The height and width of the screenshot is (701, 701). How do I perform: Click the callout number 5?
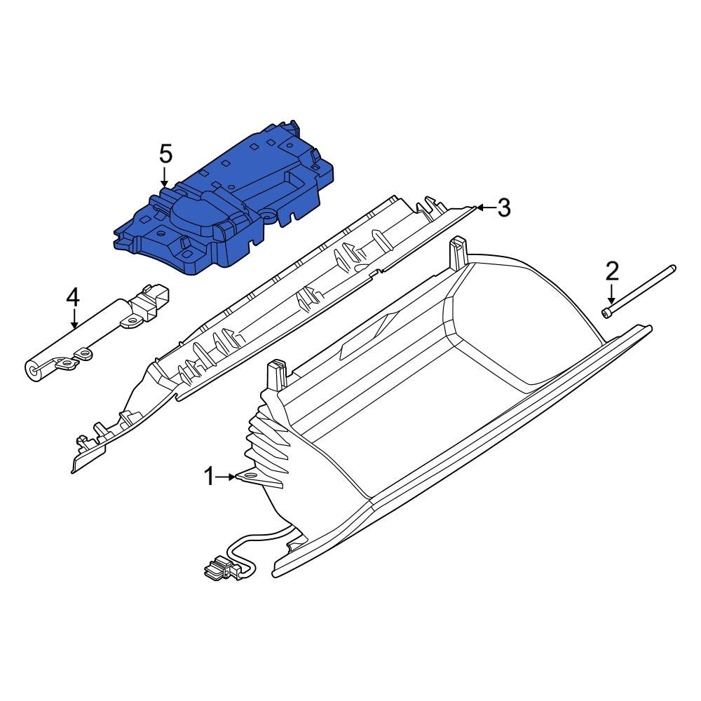point(165,153)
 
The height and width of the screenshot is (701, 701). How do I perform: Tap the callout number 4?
point(74,298)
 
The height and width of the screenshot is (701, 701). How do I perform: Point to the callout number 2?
point(612,270)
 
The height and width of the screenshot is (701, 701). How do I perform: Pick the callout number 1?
point(209,477)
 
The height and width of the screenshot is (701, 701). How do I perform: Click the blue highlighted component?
point(231,203)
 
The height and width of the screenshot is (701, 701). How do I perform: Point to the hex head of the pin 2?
point(606,313)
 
